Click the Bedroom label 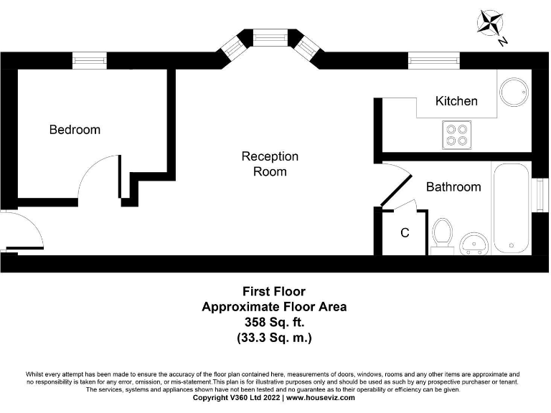pos(75,130)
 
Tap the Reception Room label pos(270,163)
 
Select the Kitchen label pos(456,101)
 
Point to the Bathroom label pos(453,187)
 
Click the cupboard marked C pos(405,233)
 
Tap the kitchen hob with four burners pos(456,134)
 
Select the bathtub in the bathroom pos(512,208)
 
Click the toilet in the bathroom pos(442,234)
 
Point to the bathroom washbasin pos(473,243)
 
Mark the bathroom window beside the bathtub pos(535,195)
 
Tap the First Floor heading pos(273,292)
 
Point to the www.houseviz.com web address pos(321,397)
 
